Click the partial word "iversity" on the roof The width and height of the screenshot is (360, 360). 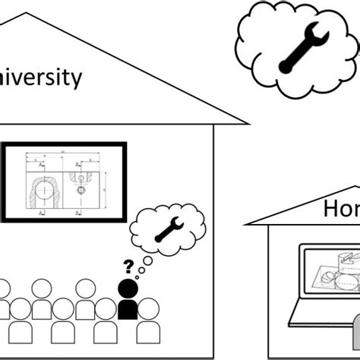click(x=41, y=77)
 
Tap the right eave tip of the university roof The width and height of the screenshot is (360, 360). click(x=248, y=123)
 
